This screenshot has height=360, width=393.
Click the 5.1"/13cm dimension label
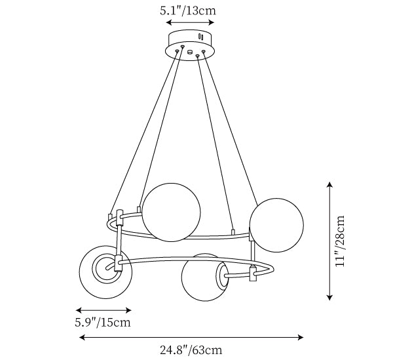coord(188,11)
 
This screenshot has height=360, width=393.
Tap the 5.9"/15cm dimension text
coord(103,323)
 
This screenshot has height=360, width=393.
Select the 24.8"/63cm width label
coord(191,350)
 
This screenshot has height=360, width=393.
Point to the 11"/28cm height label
coord(340,241)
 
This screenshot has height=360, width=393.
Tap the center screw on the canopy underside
coord(190,52)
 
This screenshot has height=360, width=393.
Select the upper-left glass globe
coord(171,212)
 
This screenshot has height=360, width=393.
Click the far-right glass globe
coord(276,225)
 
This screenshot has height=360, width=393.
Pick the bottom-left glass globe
coord(105,272)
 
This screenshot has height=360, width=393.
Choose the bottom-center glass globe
coord(205,277)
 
